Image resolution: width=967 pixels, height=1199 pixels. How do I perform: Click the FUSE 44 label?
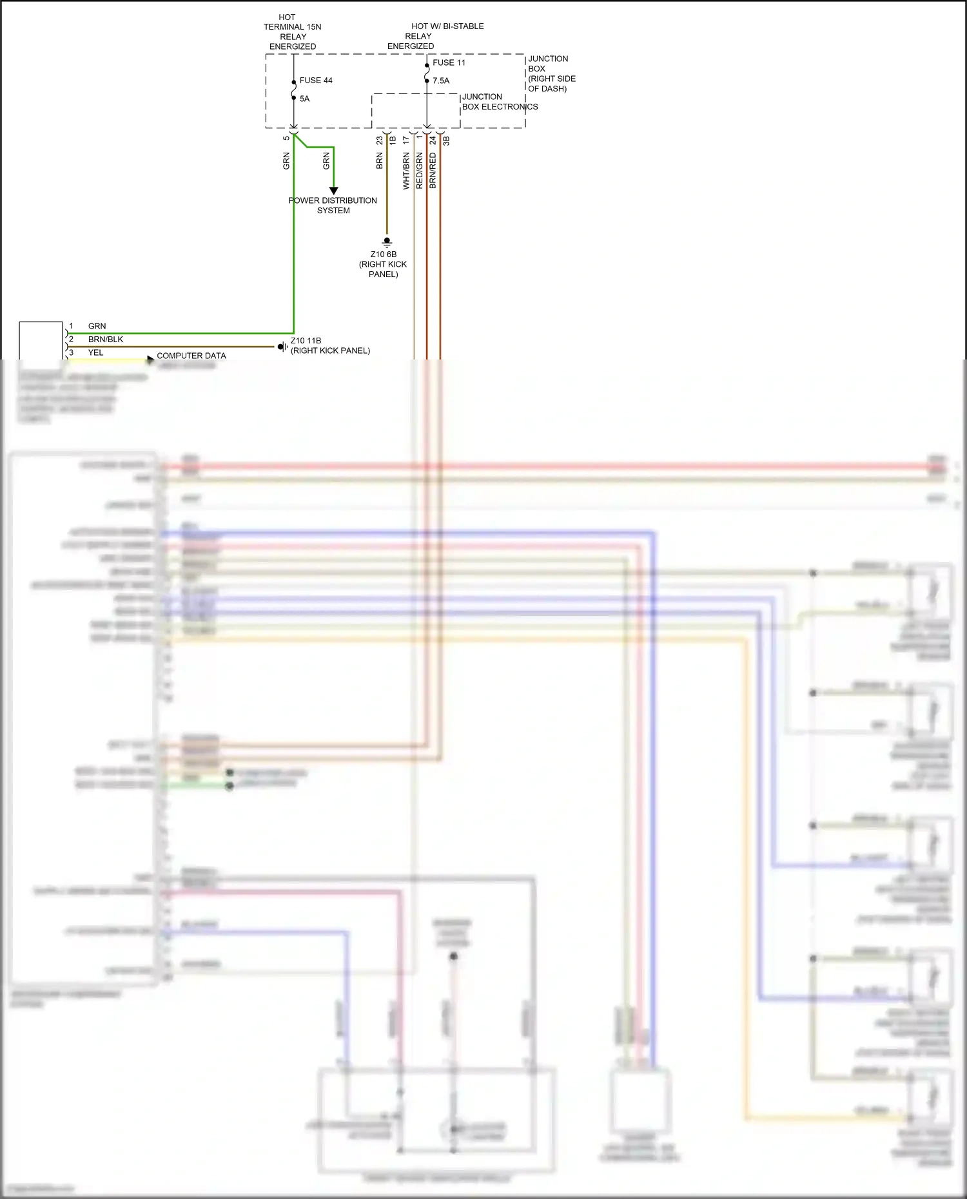(x=315, y=81)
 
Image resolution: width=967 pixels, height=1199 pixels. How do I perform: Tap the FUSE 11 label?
(x=449, y=62)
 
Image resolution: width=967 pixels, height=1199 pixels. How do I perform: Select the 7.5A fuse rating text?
(x=441, y=81)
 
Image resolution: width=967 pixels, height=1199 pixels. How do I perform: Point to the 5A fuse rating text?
(x=304, y=99)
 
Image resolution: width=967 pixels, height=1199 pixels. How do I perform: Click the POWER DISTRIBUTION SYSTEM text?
(x=333, y=206)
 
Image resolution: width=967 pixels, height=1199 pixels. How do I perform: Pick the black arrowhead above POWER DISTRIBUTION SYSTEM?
(x=333, y=191)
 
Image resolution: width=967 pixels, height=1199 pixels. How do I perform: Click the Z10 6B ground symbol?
(x=387, y=242)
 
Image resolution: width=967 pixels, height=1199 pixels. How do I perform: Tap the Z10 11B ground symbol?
(x=282, y=347)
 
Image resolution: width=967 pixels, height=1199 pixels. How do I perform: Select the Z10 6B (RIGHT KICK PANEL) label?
(x=383, y=264)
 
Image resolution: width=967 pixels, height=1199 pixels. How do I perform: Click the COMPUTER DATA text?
(x=191, y=356)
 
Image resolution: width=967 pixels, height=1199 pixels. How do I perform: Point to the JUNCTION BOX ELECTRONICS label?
(x=499, y=102)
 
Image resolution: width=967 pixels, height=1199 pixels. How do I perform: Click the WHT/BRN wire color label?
(x=406, y=171)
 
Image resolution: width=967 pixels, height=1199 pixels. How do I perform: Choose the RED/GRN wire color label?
(x=419, y=171)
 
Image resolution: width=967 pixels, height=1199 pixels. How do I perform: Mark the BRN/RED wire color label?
(x=433, y=171)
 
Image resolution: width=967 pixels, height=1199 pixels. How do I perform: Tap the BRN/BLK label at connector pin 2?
(x=106, y=340)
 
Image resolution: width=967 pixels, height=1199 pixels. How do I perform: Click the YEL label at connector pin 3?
(x=95, y=352)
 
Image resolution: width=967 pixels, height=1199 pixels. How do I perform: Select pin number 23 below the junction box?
(x=380, y=139)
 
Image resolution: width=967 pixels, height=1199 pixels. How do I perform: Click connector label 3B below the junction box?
(x=446, y=140)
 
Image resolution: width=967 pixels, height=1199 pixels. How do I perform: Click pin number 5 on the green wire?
(x=286, y=138)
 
